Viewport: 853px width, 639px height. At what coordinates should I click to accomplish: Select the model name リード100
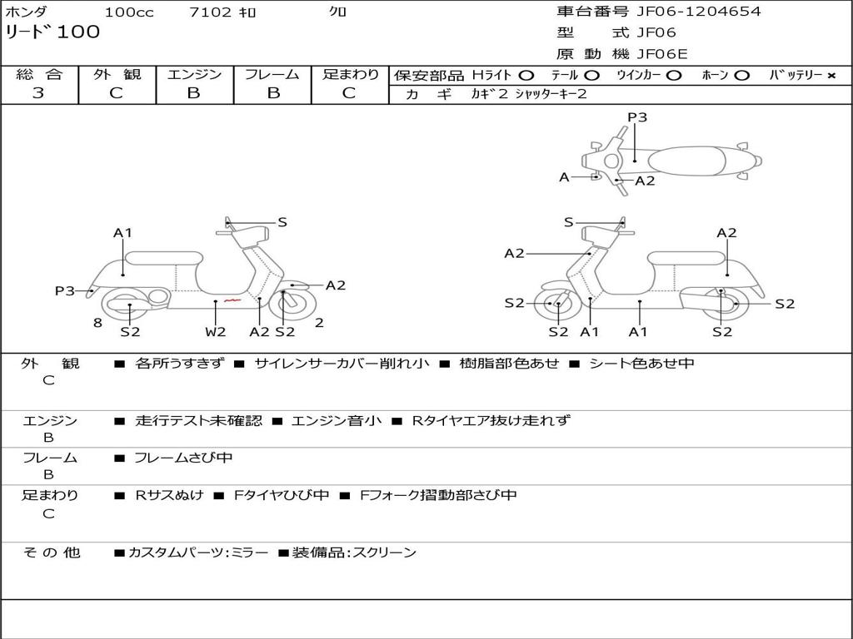52,32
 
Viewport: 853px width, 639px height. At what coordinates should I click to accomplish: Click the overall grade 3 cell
38,93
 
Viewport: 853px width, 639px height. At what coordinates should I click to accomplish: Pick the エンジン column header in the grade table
194,74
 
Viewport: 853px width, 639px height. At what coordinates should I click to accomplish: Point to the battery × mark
831,75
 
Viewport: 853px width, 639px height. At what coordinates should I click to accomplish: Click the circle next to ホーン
742,75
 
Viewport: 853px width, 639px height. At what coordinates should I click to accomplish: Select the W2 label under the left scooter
216,332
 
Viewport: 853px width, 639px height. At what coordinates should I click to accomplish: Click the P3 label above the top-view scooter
637,117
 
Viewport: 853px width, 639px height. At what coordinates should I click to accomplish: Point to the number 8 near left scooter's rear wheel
97,323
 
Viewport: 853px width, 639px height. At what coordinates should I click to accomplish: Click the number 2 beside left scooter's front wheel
319,323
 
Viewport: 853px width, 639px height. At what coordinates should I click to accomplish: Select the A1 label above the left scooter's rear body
123,233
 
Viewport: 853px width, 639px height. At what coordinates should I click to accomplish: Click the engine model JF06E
661,54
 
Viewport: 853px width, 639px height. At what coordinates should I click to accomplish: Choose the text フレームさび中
183,458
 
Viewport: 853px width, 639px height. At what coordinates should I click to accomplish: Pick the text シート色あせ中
641,364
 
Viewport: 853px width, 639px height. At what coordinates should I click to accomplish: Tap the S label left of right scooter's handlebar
568,222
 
